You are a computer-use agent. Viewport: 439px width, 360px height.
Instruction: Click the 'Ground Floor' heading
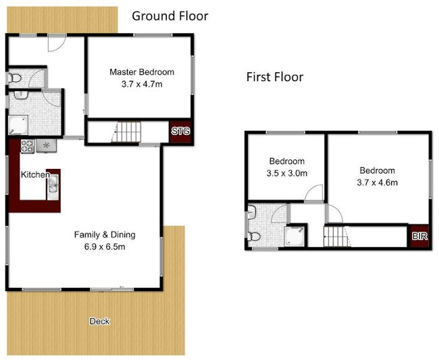tap(170, 16)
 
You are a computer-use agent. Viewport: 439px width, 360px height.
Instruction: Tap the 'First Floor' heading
tap(274, 77)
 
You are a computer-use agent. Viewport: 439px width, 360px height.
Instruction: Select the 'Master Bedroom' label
tap(142, 72)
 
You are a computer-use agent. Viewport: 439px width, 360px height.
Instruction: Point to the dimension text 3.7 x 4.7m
tap(142, 84)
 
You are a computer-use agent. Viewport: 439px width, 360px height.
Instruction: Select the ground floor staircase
tap(128, 132)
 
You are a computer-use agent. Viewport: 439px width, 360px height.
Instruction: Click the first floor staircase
tap(336, 238)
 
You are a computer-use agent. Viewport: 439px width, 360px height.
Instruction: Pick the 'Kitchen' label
tap(35, 175)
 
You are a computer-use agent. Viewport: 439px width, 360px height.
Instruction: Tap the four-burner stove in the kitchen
tap(28, 145)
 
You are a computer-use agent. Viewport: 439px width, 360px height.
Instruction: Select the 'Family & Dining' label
tap(105, 235)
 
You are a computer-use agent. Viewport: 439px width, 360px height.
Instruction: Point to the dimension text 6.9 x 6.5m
tap(105, 247)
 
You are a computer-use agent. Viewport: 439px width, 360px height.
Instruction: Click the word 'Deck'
tap(99, 322)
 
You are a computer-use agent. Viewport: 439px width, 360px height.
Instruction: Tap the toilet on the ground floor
tap(14, 80)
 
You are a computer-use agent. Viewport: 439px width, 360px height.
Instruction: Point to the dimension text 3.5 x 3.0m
tap(287, 173)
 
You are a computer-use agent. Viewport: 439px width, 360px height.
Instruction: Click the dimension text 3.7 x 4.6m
tap(377, 182)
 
